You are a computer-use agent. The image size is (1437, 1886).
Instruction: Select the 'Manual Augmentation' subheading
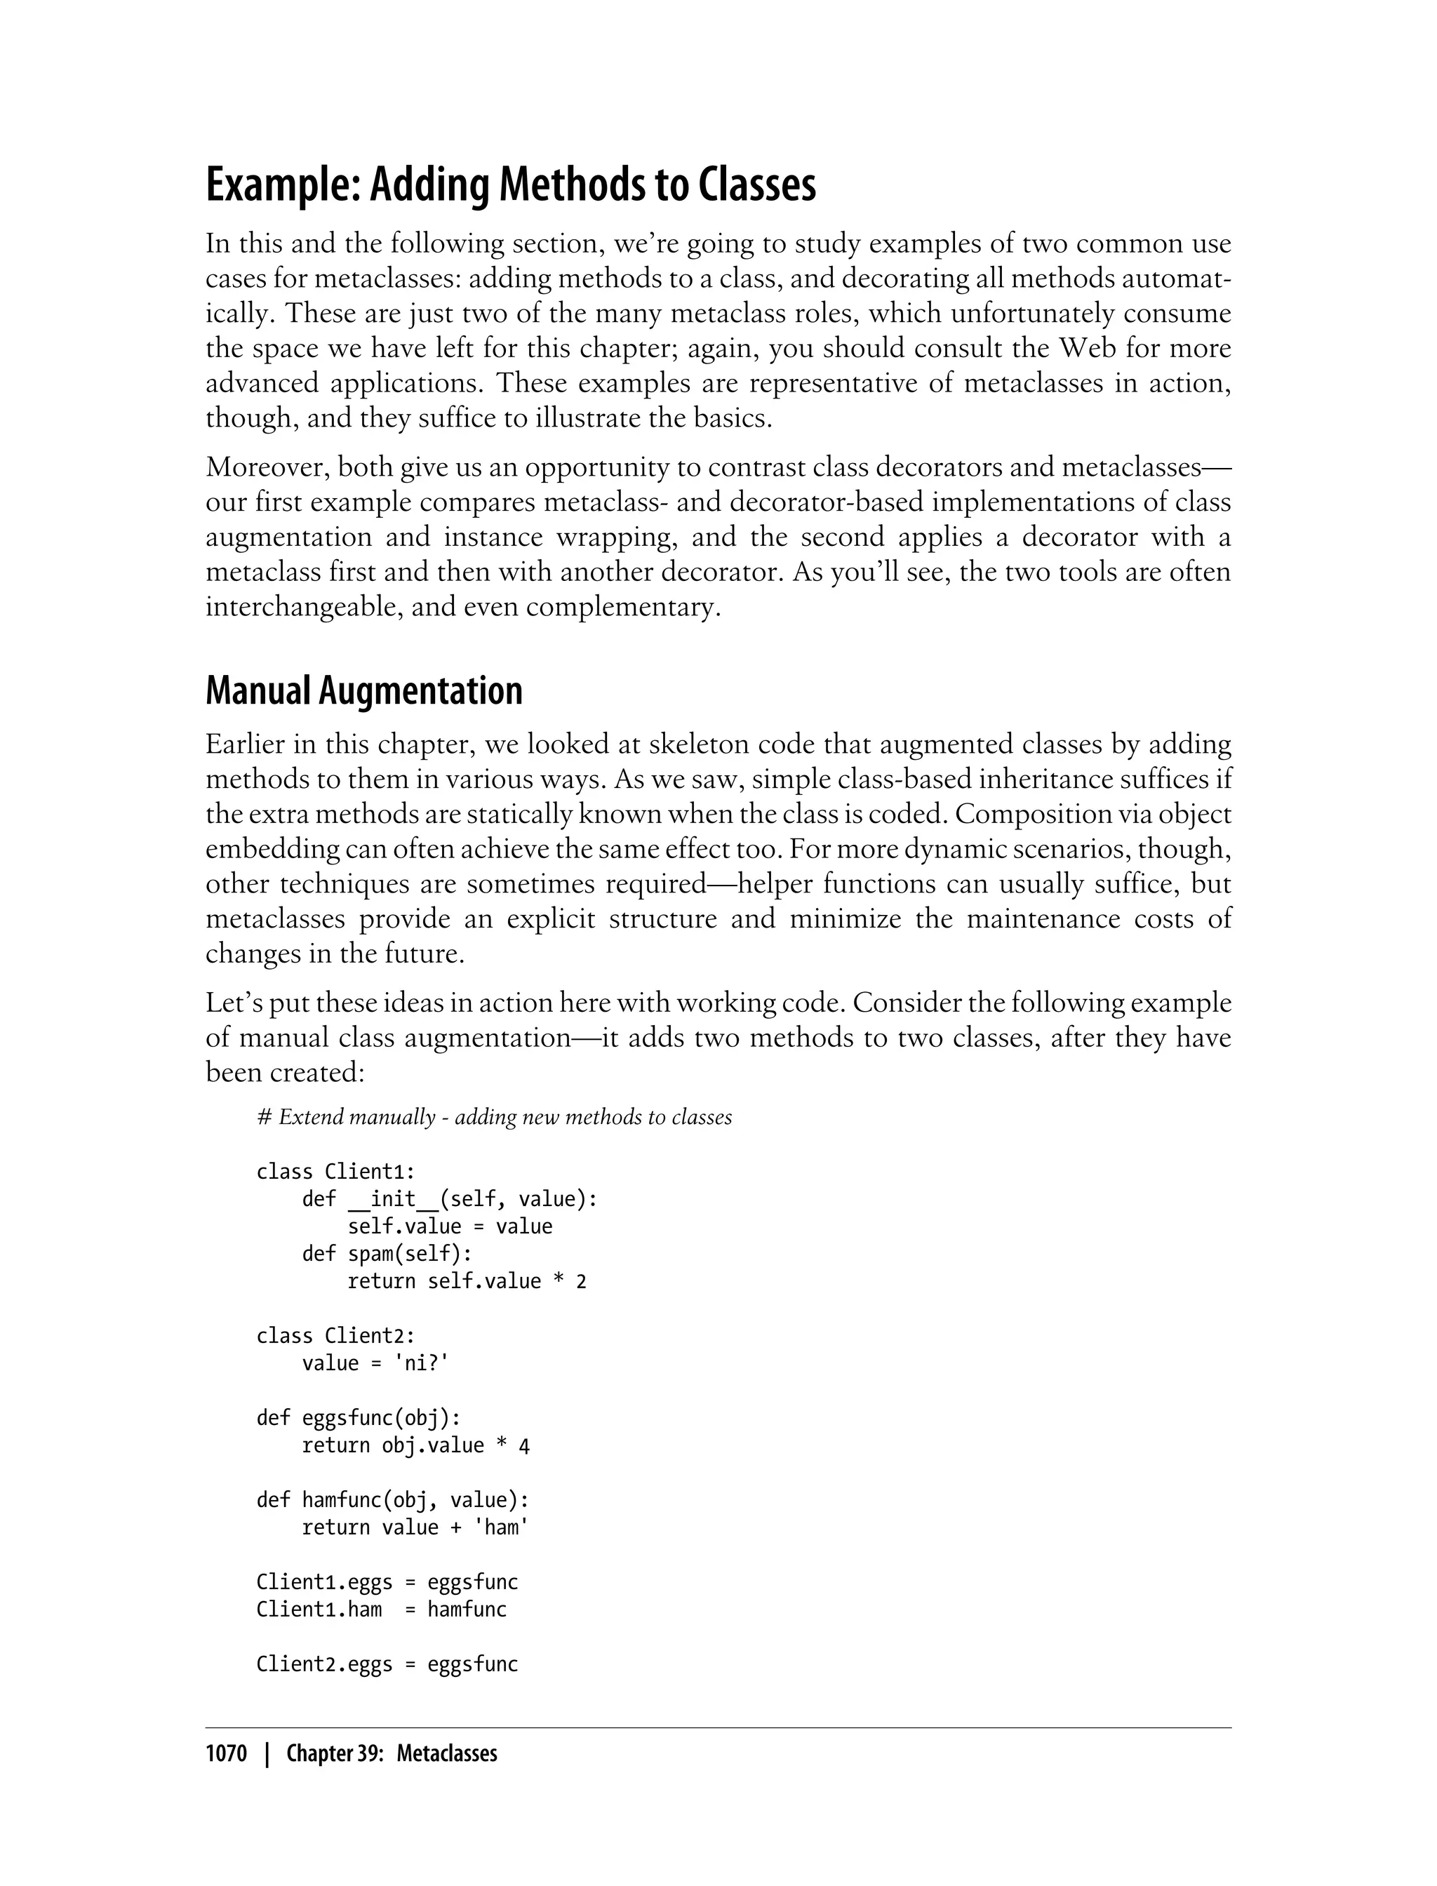click(x=363, y=690)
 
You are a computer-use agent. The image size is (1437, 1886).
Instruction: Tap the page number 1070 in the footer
click(x=226, y=1754)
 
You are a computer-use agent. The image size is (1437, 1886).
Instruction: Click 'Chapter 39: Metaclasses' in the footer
click(x=391, y=1754)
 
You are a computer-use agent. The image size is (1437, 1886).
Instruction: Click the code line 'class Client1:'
click(x=335, y=1172)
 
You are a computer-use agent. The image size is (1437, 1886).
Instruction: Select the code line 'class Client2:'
click(x=335, y=1336)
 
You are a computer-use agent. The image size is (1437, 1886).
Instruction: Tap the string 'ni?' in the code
click(x=421, y=1363)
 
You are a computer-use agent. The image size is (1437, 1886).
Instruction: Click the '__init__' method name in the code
click(x=393, y=1199)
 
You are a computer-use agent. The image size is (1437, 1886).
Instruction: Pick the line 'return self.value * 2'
click(x=466, y=1281)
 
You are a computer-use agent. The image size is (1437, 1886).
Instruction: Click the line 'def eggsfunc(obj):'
click(x=359, y=1418)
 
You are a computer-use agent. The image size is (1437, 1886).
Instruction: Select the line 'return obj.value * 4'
click(x=415, y=1445)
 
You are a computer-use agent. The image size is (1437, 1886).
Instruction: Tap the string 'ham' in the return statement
click(x=501, y=1527)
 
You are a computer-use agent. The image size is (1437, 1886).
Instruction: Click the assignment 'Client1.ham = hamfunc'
click(x=382, y=1610)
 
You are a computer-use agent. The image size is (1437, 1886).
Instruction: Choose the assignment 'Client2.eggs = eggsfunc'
click(x=387, y=1664)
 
